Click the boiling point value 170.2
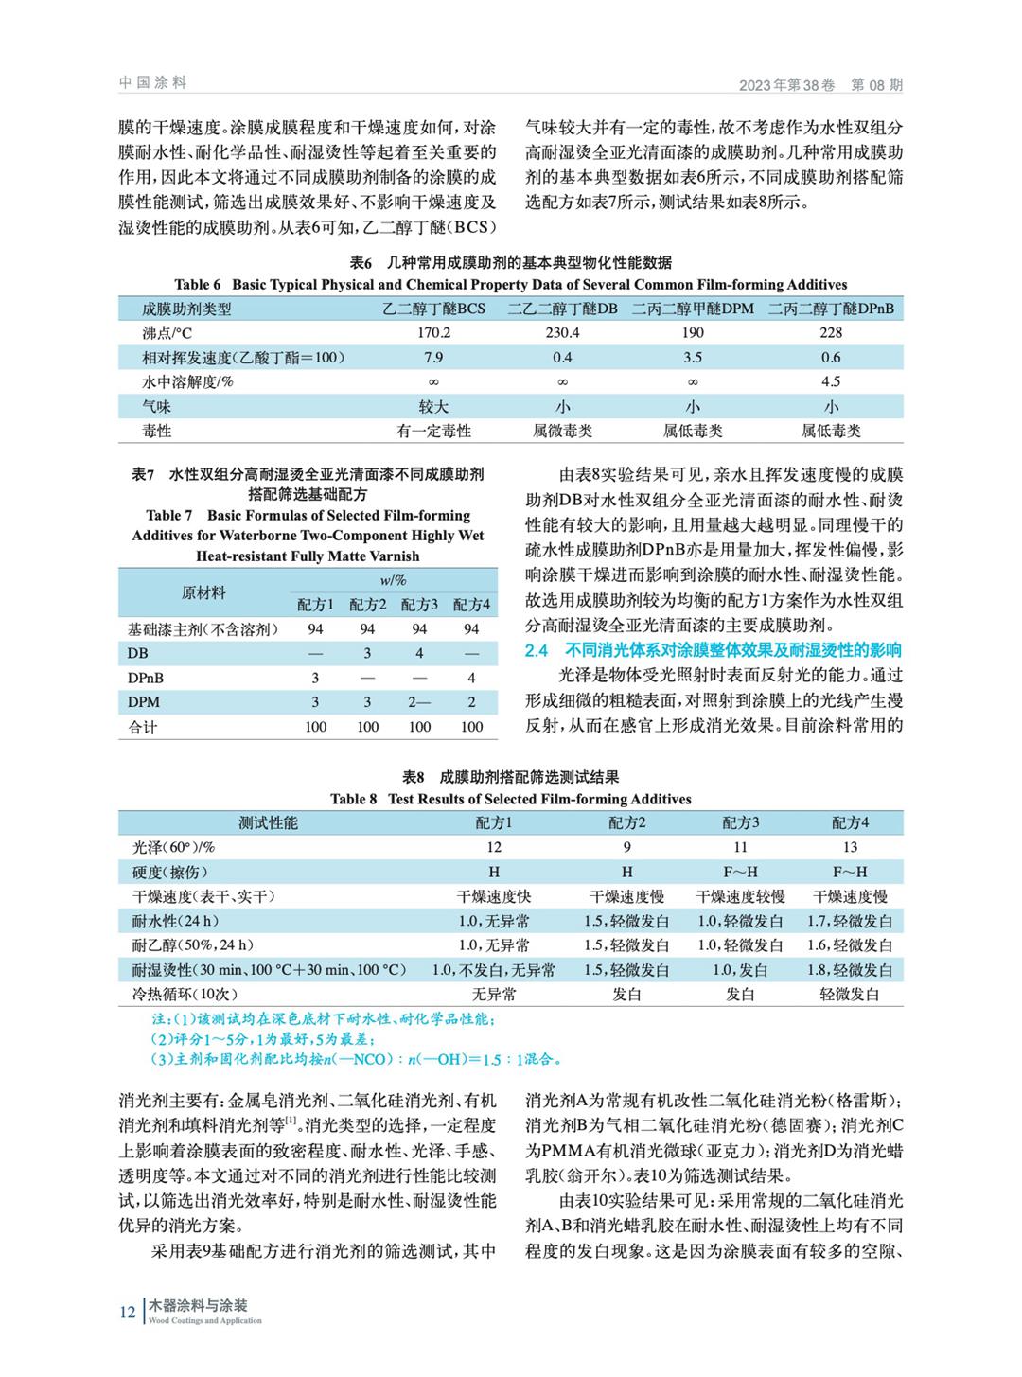click(433, 333)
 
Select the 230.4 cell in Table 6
click(562, 333)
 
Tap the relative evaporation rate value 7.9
click(433, 358)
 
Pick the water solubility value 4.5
click(831, 382)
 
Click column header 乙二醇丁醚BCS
click(433, 309)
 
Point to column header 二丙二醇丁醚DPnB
click(831, 309)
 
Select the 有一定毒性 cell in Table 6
click(433, 432)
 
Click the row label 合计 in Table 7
click(143, 728)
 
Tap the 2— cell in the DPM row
click(419, 702)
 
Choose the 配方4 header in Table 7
click(471, 604)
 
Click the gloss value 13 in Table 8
click(850, 847)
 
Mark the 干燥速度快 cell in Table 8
click(494, 896)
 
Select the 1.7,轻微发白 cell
click(850, 921)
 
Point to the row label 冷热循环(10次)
click(185, 995)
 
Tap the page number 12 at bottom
click(128, 1313)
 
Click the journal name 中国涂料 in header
click(152, 83)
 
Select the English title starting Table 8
click(511, 799)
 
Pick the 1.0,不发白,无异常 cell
click(494, 970)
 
